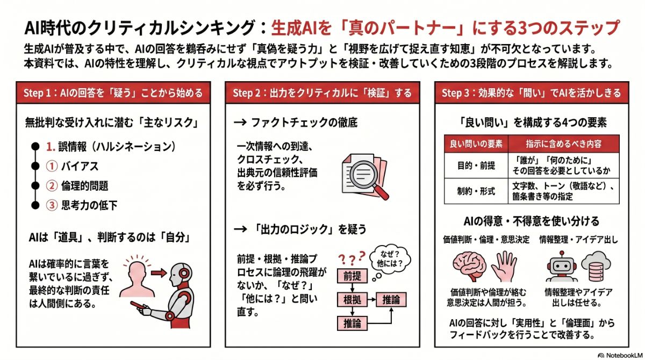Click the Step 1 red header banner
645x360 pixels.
(x=113, y=93)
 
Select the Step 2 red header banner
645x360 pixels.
(x=322, y=93)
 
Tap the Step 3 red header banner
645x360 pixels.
(x=531, y=93)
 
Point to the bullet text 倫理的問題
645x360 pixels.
(x=84, y=186)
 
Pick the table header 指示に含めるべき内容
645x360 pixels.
(x=564, y=144)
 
